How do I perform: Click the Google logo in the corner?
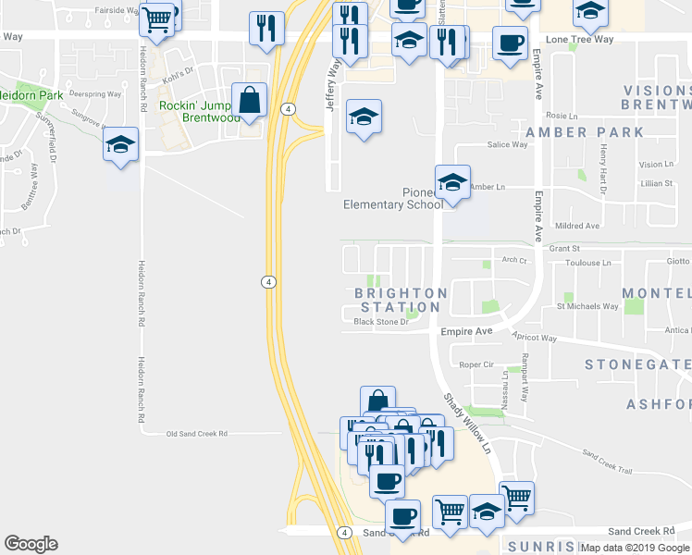coord(31,544)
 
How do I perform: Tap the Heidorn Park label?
coord(30,94)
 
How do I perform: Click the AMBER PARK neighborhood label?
coord(584,132)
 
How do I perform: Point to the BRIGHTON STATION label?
coord(401,300)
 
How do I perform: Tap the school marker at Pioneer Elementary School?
coord(452,182)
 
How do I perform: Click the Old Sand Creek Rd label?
coord(196,433)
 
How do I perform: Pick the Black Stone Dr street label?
coord(381,323)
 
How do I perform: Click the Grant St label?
coord(563,249)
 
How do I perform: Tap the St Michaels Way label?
coord(587,306)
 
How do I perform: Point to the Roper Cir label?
coord(477,365)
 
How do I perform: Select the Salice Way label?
coord(507,145)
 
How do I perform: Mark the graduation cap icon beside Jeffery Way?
coord(364,117)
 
